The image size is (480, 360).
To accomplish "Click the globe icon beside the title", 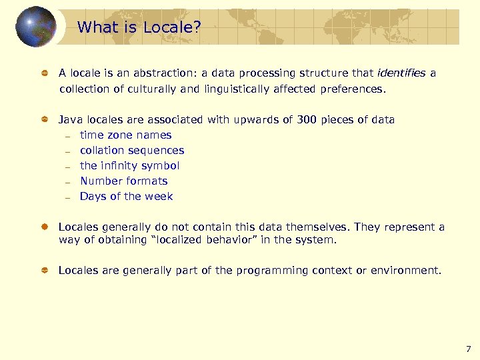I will (x=36, y=27).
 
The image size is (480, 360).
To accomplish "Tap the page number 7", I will (x=468, y=349).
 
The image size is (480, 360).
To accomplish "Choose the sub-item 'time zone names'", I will (x=125, y=135).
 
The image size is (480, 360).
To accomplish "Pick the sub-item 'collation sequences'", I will (x=131, y=151).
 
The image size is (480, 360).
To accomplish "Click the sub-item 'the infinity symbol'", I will (x=129, y=166).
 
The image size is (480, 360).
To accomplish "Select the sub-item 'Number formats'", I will (x=123, y=181).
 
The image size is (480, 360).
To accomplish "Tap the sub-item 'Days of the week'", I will (x=126, y=197).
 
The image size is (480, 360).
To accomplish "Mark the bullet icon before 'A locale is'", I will (x=44, y=73).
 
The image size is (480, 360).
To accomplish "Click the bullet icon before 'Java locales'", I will (x=44, y=120).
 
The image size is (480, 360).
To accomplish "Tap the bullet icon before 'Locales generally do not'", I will (x=44, y=227).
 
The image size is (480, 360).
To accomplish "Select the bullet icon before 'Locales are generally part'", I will (x=44, y=271).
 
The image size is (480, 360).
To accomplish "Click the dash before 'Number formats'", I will (x=68, y=182).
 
